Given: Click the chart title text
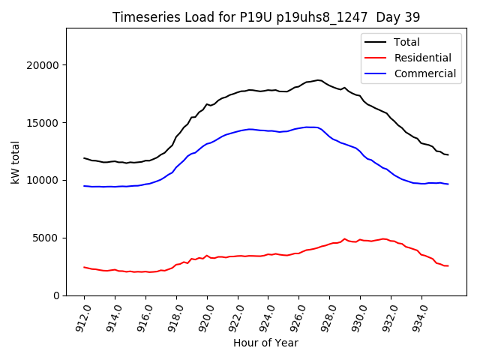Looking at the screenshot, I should pyautogui.click(x=266, y=17).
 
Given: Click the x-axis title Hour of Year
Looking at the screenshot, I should pyautogui.click(x=265, y=343).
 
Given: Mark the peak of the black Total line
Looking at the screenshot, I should pyautogui.click(x=318, y=80).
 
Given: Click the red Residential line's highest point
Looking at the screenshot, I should pyautogui.click(x=345, y=239).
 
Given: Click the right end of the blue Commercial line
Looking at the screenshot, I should pyautogui.click(x=448, y=184).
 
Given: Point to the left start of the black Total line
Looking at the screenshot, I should pyautogui.click(x=84, y=158).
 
